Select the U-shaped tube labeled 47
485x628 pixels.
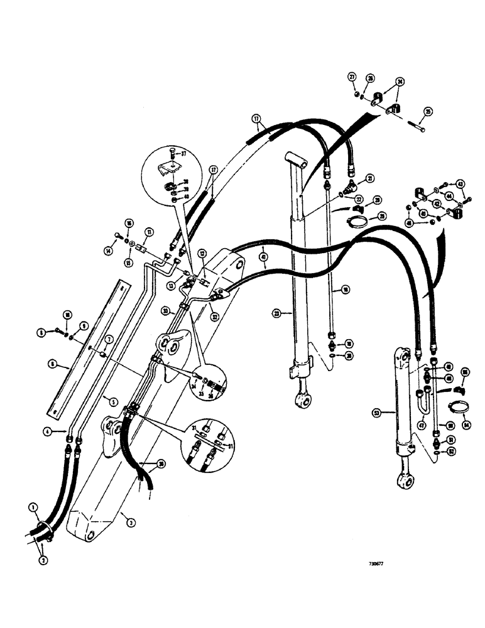click(x=425, y=400)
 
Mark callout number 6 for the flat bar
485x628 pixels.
click(x=50, y=363)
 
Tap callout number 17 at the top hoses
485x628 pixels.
click(x=256, y=117)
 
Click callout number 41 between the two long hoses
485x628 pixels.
click(x=262, y=256)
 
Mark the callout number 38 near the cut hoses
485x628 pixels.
click(x=161, y=465)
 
